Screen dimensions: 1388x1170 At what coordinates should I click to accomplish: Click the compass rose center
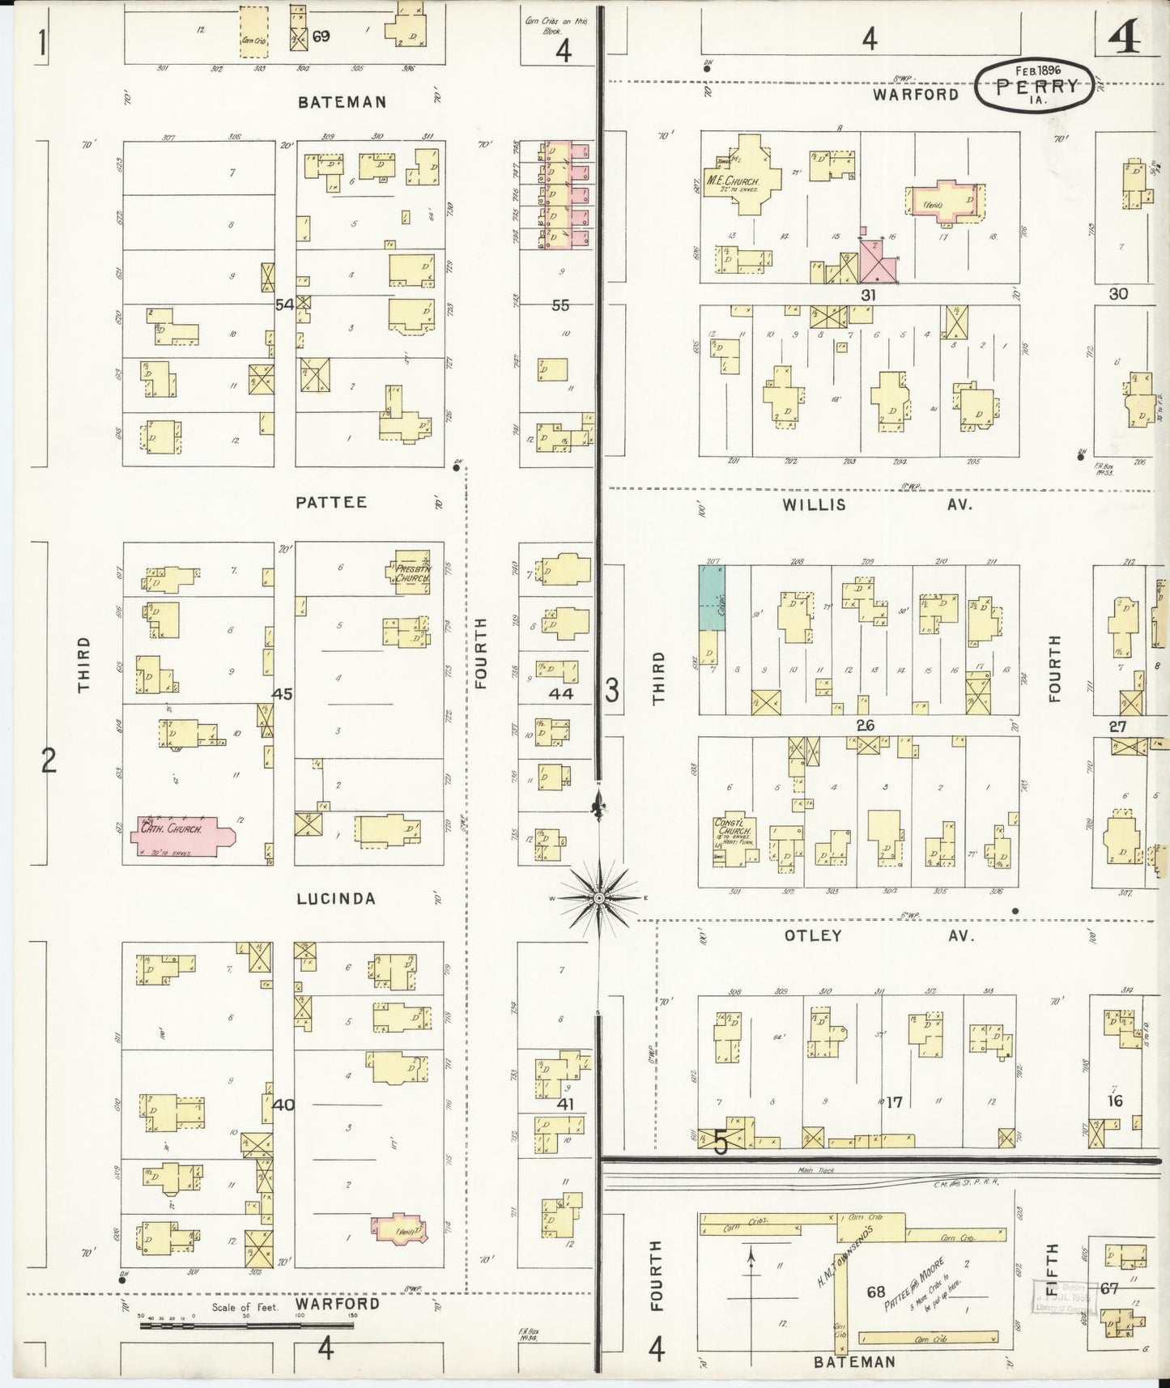(x=598, y=899)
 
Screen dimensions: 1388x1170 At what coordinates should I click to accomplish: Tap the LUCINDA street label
(x=336, y=899)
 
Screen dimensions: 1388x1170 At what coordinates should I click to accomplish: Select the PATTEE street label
(x=331, y=502)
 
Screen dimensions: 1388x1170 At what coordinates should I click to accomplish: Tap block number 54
(x=284, y=304)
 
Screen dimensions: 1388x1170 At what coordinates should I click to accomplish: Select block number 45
(x=283, y=694)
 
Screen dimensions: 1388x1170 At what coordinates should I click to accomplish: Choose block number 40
(x=283, y=1105)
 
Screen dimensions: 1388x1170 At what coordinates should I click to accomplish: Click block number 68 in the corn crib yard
(x=876, y=1292)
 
